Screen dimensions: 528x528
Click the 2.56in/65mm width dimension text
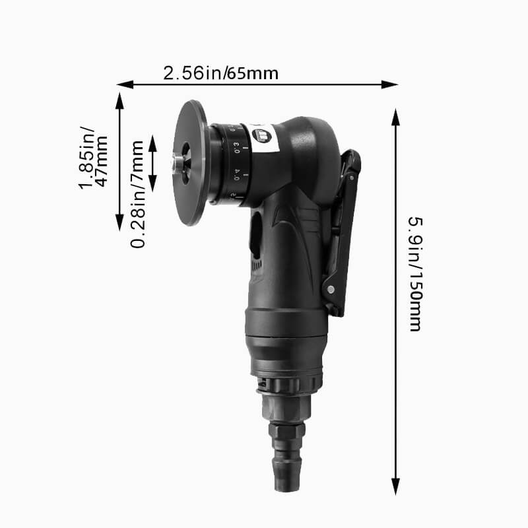(x=220, y=73)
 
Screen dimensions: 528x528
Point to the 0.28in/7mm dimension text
(x=137, y=194)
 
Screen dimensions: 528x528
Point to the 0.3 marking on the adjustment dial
(x=236, y=151)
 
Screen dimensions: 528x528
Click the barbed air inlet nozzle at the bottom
(x=285, y=462)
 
